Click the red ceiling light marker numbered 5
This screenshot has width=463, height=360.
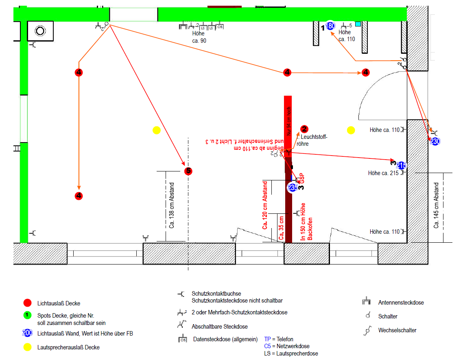click(x=188, y=171)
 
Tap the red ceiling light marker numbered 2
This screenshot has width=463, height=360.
click(x=304, y=129)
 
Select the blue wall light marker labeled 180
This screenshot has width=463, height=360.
click(x=330, y=26)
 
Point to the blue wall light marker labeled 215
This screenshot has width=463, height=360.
click(x=401, y=165)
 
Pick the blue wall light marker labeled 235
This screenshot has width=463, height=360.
click(x=292, y=188)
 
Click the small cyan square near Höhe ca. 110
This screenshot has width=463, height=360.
click(x=358, y=24)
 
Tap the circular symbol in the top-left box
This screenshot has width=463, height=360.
click(x=40, y=31)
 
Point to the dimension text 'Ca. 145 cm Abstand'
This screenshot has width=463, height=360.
click(x=436, y=205)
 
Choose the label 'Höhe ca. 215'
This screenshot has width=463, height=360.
click(x=383, y=173)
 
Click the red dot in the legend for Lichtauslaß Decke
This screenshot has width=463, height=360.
click(x=27, y=303)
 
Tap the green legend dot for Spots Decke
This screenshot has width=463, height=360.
click(x=27, y=315)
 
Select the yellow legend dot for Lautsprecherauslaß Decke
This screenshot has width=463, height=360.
click(x=27, y=347)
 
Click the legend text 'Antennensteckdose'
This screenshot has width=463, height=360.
click(x=401, y=303)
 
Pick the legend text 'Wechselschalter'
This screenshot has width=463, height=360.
click(x=397, y=330)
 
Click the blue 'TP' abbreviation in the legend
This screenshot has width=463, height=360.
click(x=267, y=339)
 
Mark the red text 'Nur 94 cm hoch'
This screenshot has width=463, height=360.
click(x=288, y=121)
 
